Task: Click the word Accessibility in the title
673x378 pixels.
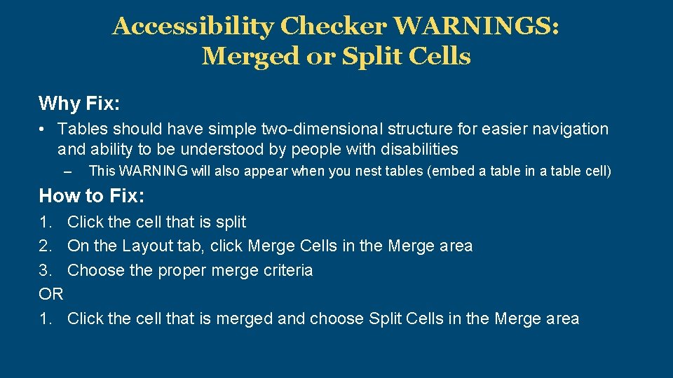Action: click(x=193, y=27)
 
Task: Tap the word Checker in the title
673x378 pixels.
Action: click(x=334, y=27)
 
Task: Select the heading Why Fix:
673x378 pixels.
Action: click(x=79, y=104)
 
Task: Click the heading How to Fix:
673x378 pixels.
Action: click(x=91, y=195)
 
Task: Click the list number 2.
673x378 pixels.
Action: click(x=46, y=246)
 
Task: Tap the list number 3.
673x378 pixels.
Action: click(x=46, y=270)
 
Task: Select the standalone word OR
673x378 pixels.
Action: click(x=51, y=294)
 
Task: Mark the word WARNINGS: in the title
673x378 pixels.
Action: click(x=477, y=27)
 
